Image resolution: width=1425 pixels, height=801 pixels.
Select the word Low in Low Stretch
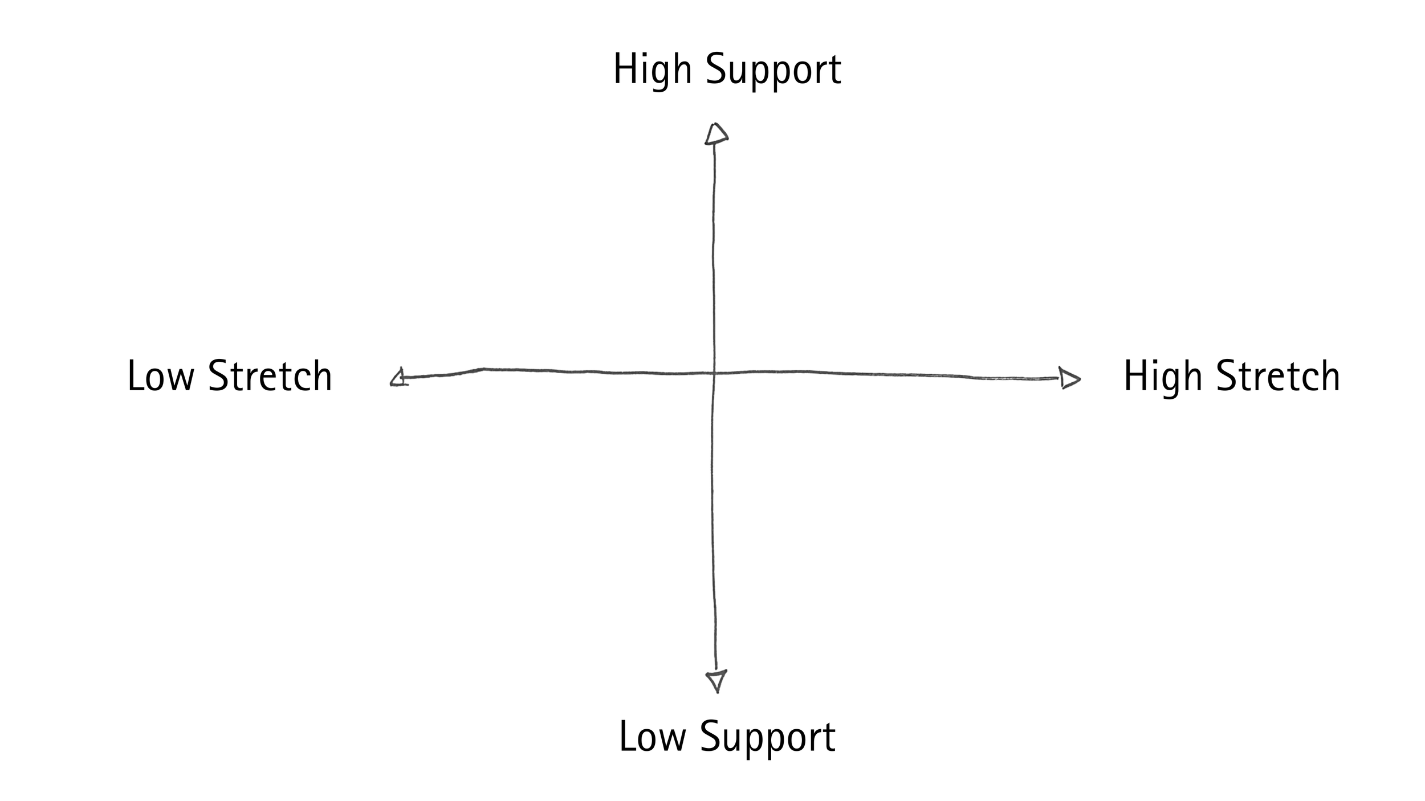161,376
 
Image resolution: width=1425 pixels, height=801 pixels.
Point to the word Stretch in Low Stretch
270,376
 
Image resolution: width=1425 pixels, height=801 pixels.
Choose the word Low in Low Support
652,737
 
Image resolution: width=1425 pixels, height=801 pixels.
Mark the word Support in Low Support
767,738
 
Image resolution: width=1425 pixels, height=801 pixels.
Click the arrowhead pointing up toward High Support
716,134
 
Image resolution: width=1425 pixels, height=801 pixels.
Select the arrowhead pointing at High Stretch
1068,378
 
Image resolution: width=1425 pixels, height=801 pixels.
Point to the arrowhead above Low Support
716,680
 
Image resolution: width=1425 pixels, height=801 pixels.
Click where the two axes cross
714,373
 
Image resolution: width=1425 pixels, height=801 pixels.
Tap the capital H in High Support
624,70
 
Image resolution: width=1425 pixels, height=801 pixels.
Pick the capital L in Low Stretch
135,376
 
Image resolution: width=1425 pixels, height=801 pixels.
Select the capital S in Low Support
710,737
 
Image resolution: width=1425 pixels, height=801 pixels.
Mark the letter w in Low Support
673,739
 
